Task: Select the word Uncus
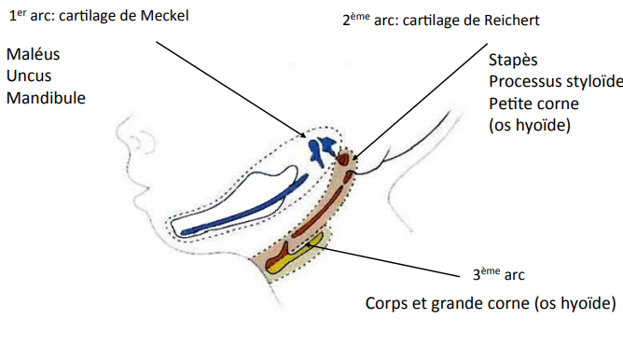[x=29, y=76]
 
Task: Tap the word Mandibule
[x=46, y=97]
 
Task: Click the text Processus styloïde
[x=555, y=80]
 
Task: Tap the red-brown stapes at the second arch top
[x=345, y=161]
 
